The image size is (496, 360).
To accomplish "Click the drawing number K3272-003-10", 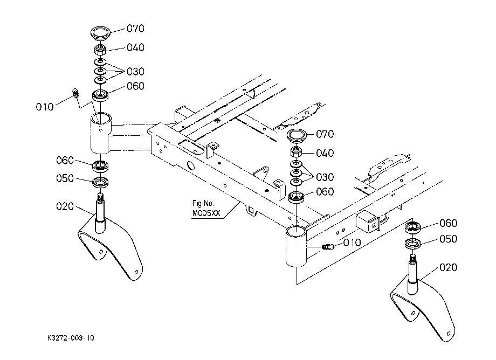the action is pyautogui.click(x=71, y=338).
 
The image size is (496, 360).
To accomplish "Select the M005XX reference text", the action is pyautogui.click(x=206, y=213).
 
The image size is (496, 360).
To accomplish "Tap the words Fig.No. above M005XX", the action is pyautogui.click(x=203, y=203).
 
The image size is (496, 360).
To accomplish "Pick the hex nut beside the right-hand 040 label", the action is pyautogui.click(x=296, y=153).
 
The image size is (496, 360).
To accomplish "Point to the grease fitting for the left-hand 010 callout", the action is pyautogui.click(x=76, y=93).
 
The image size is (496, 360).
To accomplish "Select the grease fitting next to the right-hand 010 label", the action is pyautogui.click(x=328, y=246).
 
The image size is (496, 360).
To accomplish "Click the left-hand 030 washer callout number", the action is pyautogui.click(x=135, y=72).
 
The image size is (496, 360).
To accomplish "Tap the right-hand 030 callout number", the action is pyautogui.click(x=325, y=177).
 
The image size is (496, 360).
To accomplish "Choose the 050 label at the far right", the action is pyautogui.click(x=448, y=239).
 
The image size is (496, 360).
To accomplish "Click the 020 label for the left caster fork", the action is pyautogui.click(x=65, y=207).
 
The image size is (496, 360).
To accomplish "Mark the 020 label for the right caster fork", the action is pyautogui.click(x=448, y=267).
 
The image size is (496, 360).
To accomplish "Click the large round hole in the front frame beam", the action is pyautogui.click(x=191, y=166).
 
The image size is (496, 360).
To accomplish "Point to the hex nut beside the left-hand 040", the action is pyautogui.click(x=100, y=50).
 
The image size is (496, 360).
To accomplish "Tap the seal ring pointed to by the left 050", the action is pyautogui.click(x=100, y=182).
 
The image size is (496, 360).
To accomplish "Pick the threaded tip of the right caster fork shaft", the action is pyautogui.click(x=412, y=259).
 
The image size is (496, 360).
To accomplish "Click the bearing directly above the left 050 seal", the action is pyautogui.click(x=101, y=166).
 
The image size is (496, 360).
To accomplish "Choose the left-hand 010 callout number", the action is pyautogui.click(x=45, y=107).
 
